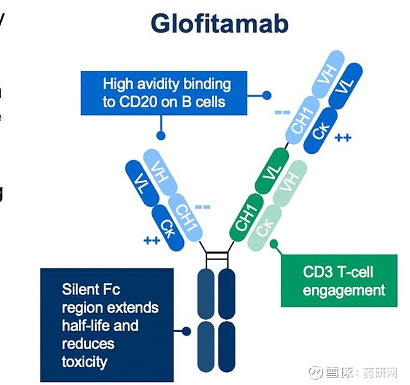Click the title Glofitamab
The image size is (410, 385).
point(219,25)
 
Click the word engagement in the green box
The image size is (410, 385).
point(344,290)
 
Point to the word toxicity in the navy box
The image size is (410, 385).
point(84,361)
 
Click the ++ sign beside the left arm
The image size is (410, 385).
point(152,240)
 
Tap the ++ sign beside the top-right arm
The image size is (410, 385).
point(343,137)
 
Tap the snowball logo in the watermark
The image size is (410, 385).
point(316,373)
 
